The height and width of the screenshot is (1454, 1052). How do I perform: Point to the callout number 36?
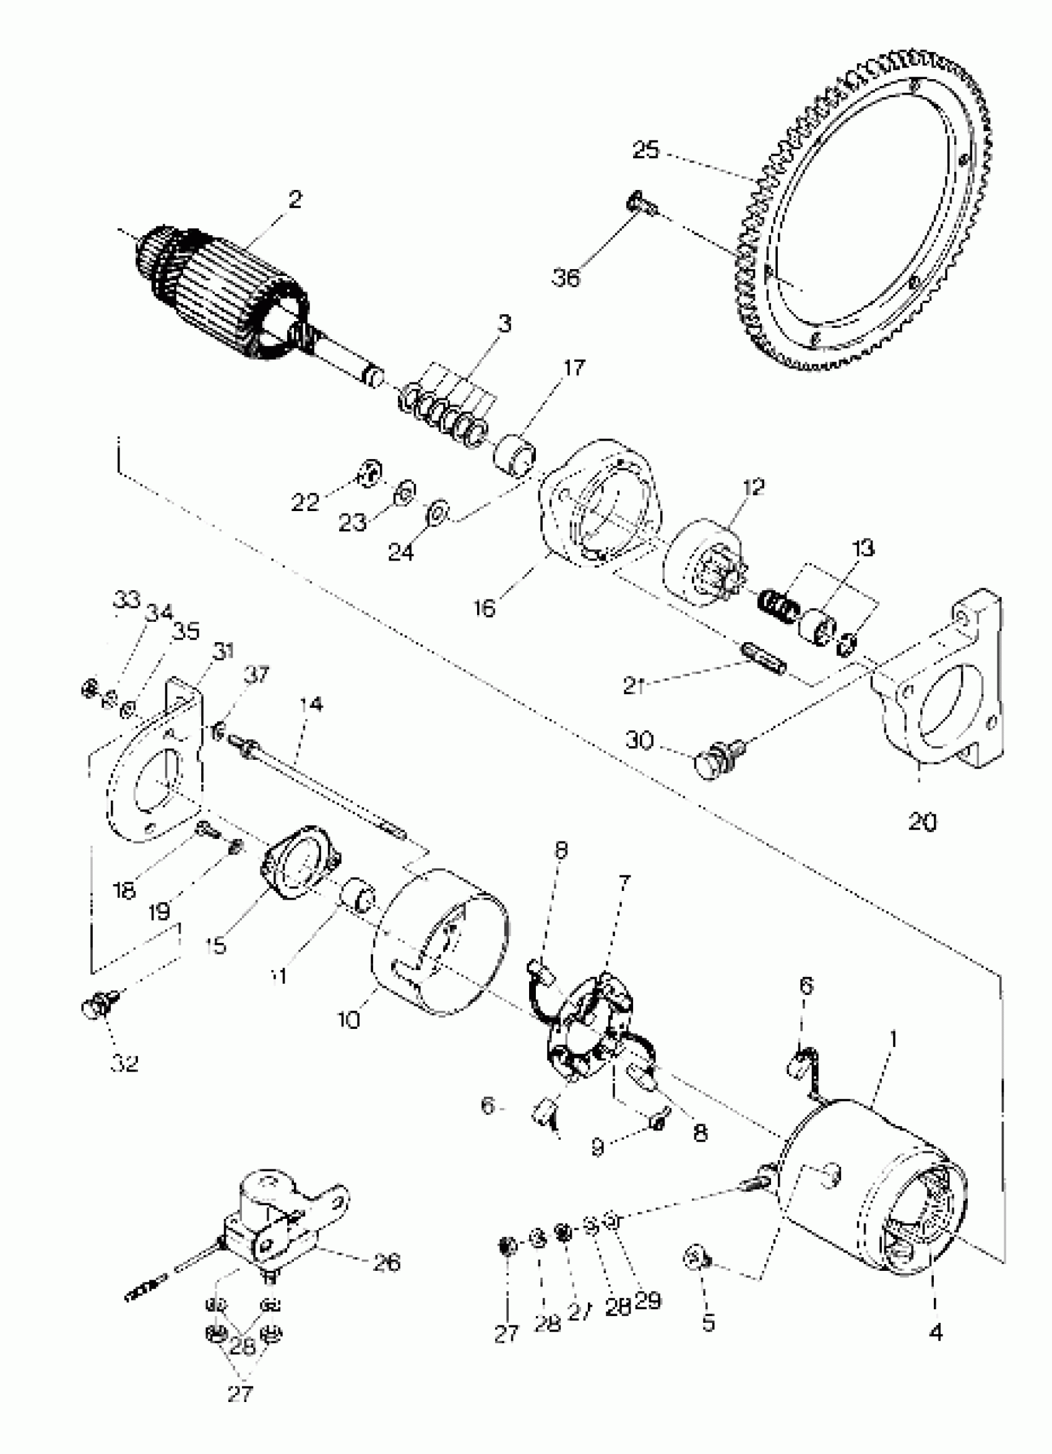click(x=566, y=278)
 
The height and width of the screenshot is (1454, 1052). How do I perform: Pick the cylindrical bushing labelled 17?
click(x=515, y=455)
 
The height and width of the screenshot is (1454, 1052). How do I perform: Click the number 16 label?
click(x=485, y=607)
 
